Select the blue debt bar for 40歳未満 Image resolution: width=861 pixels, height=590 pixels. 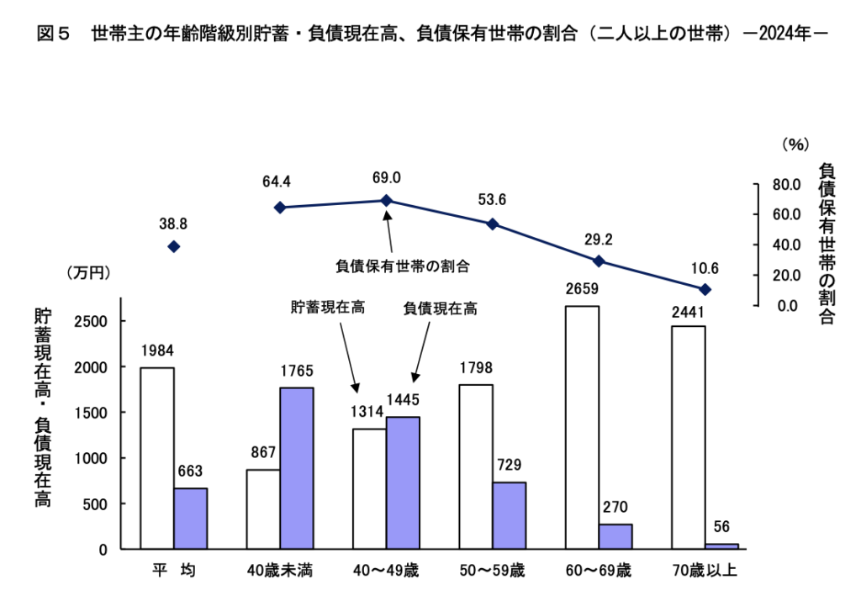(297, 468)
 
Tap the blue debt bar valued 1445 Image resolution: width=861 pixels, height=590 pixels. (403, 482)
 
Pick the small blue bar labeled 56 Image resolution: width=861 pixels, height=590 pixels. (721, 546)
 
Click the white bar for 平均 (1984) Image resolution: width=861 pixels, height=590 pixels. (157, 458)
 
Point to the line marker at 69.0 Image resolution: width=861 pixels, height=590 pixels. (387, 201)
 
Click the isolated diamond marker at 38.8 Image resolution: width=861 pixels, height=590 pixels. (174, 246)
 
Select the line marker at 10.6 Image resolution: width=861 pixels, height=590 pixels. (705, 289)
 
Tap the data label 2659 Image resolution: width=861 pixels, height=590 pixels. (582, 290)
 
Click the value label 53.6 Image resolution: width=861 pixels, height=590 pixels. (493, 199)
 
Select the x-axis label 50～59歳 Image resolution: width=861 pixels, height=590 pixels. (493, 572)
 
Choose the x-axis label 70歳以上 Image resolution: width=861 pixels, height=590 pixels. (705, 572)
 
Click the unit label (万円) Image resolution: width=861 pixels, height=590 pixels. (88, 272)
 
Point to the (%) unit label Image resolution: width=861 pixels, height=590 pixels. (794, 145)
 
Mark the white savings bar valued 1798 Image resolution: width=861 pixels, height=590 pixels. (476, 466)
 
